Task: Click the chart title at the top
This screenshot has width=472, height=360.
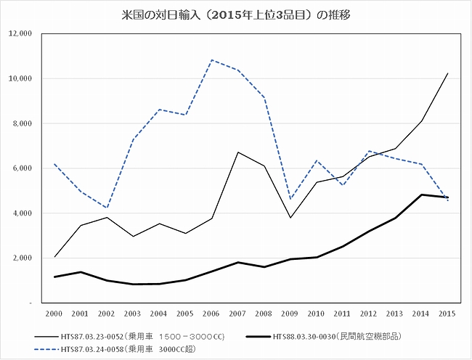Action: click(x=236, y=14)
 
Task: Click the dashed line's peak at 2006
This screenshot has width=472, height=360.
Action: click(x=211, y=60)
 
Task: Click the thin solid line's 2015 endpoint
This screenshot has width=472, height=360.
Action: click(x=447, y=73)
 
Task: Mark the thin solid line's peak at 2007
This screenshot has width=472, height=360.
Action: click(x=237, y=152)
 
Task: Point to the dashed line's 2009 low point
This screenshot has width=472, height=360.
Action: click(x=290, y=199)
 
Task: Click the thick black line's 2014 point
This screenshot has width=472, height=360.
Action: click(x=421, y=195)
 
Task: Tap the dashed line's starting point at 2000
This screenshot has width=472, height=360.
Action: click(x=54, y=164)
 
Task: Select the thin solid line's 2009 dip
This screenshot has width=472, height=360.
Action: click(x=290, y=218)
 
